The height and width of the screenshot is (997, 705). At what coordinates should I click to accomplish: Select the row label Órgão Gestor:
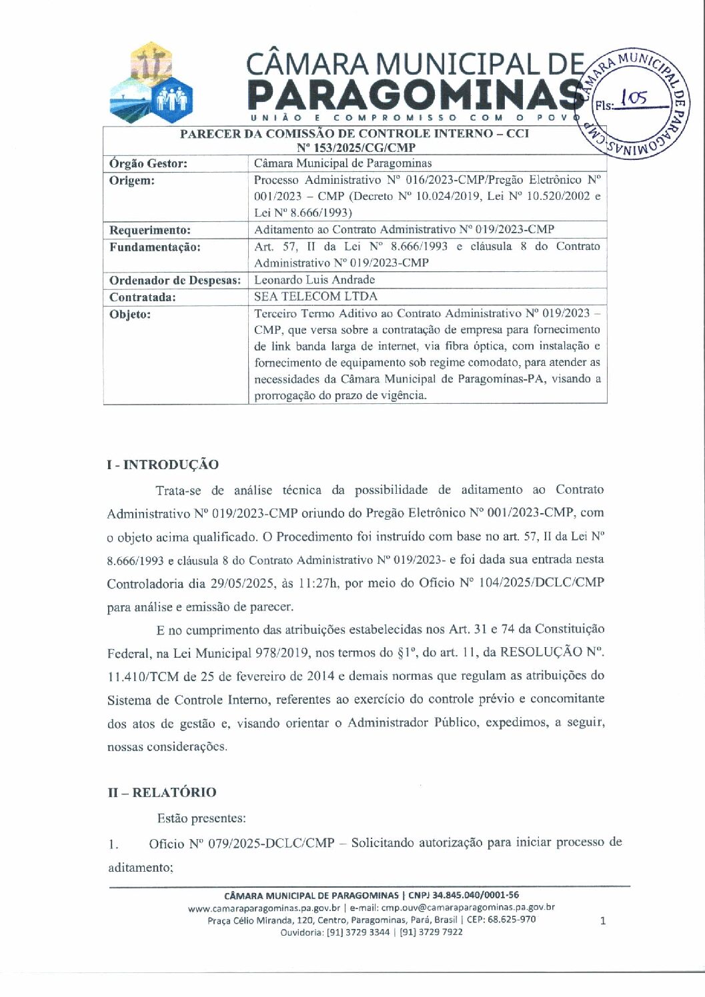pos(148,164)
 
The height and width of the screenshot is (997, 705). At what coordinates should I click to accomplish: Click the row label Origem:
pos(132,181)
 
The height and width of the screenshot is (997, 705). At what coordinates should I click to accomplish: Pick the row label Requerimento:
pos(150,231)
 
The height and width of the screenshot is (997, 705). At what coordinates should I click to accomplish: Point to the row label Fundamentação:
pos(155,247)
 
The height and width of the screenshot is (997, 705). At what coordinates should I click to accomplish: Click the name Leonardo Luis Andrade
pos(314,280)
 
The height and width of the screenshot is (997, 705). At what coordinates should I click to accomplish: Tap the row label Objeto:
pos(130,315)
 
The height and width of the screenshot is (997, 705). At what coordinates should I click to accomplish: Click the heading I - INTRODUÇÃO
pos(163,465)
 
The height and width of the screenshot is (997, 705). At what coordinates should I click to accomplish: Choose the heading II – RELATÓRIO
pos(162,792)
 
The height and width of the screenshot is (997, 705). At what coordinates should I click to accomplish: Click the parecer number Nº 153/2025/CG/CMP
pos(356,148)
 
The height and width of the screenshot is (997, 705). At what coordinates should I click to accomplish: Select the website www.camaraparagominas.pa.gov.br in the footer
pos(265,908)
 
